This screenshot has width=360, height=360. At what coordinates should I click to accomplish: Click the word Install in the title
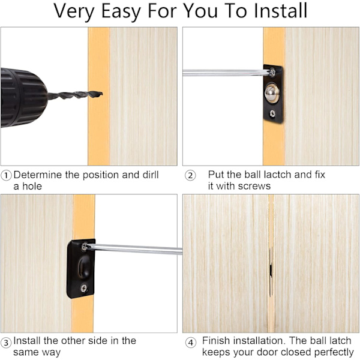[280, 10]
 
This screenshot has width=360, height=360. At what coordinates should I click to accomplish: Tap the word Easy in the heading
[121, 11]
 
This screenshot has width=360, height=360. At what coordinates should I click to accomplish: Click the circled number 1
[6, 176]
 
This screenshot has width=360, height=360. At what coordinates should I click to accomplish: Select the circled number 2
[190, 176]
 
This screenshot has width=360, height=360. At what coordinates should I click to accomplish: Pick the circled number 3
[6, 343]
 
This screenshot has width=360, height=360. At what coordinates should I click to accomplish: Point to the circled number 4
[191, 343]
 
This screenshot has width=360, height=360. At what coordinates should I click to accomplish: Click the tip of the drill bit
[102, 94]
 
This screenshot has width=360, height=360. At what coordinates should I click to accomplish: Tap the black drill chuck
[23, 98]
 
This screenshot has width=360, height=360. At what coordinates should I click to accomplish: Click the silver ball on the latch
[272, 93]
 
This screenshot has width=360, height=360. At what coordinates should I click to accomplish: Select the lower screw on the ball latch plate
[272, 113]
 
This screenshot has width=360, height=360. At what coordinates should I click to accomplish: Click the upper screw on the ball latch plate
[272, 72]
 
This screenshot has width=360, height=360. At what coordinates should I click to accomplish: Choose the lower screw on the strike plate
[84, 288]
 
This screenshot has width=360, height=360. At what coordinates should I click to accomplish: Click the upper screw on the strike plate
[85, 247]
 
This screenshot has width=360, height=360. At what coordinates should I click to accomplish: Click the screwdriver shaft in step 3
[135, 250]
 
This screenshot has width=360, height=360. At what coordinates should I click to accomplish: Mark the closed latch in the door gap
[271, 272]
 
